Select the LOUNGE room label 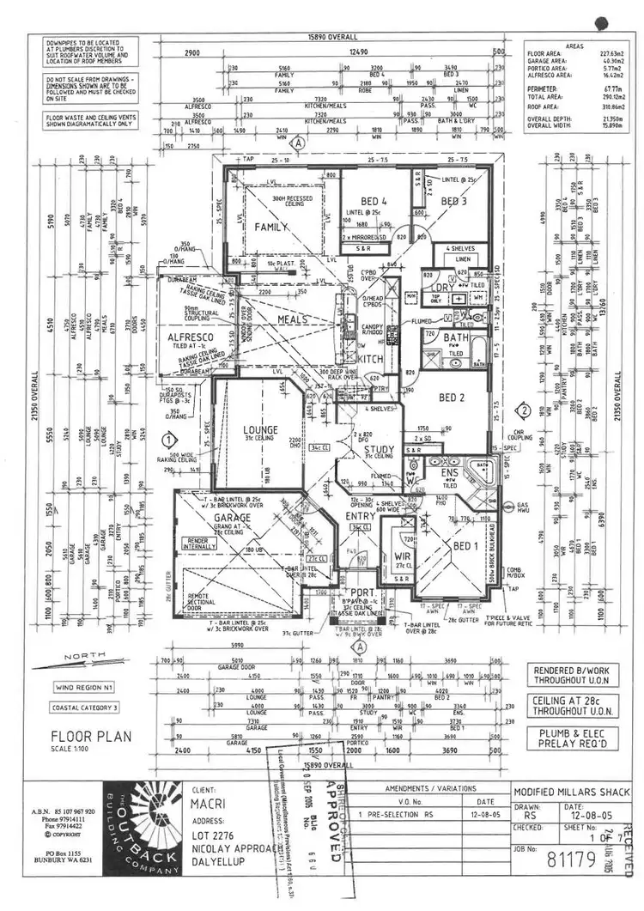(x=259, y=429)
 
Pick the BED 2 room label (x=452, y=397)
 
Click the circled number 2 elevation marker (x=523, y=410)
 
